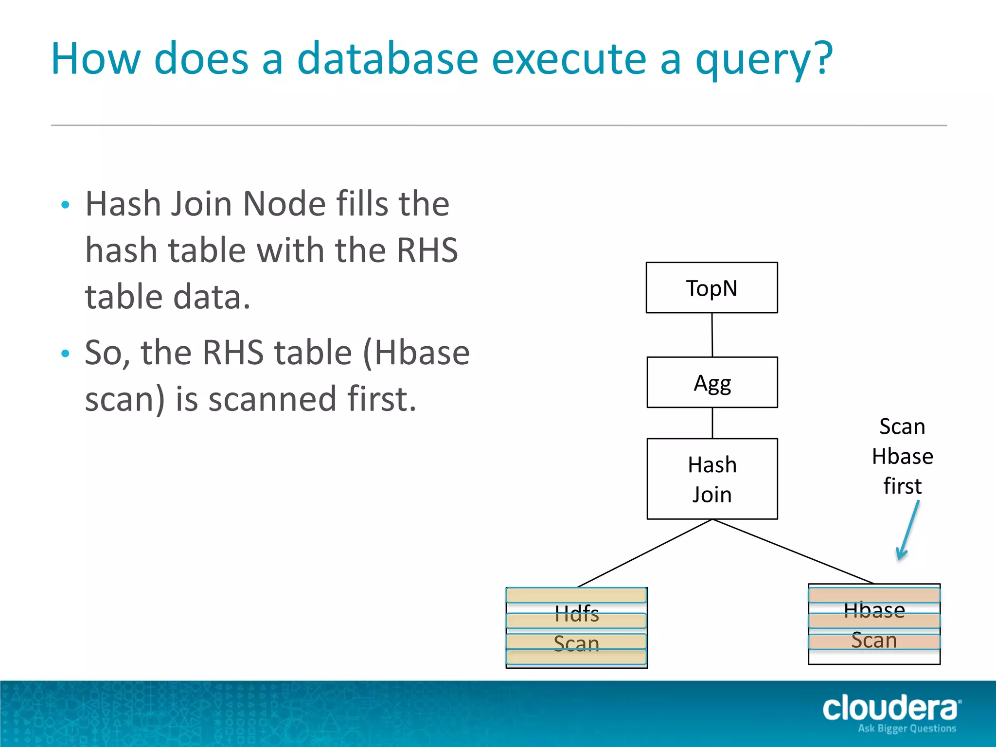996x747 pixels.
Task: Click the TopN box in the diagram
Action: click(711, 288)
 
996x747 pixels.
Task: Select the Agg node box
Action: click(712, 383)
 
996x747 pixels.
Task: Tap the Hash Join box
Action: click(712, 479)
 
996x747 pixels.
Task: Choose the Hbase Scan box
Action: click(874, 624)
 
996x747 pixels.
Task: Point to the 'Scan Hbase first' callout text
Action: click(902, 456)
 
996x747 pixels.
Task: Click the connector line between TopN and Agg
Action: click(712, 335)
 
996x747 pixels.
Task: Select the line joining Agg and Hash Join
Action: click(712, 423)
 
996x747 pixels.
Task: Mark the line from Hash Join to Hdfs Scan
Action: click(645, 553)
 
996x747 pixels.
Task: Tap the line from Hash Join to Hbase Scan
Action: click(793, 551)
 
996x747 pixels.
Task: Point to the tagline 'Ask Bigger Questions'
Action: click(907, 729)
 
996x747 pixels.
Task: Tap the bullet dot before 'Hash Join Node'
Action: click(66, 205)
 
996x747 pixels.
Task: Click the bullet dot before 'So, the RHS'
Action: click(66, 354)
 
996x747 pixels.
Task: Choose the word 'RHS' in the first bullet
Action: click(427, 250)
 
